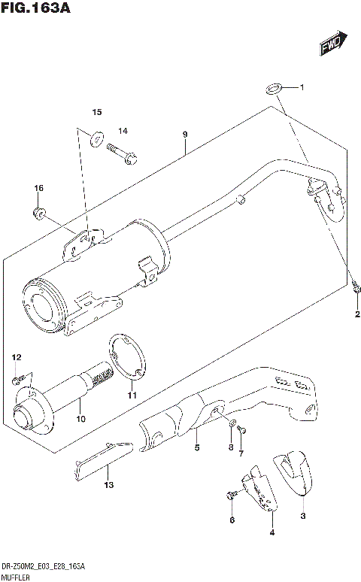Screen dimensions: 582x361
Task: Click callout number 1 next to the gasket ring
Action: coord(302,88)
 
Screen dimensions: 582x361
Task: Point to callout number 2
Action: coord(357,314)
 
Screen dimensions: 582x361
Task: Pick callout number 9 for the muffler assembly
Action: coord(184,135)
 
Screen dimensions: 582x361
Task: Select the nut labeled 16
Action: coord(40,212)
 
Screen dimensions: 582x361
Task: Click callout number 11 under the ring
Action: coord(132,395)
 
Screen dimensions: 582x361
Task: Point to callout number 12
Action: coord(16,356)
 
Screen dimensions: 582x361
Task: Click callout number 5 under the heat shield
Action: coord(197,449)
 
